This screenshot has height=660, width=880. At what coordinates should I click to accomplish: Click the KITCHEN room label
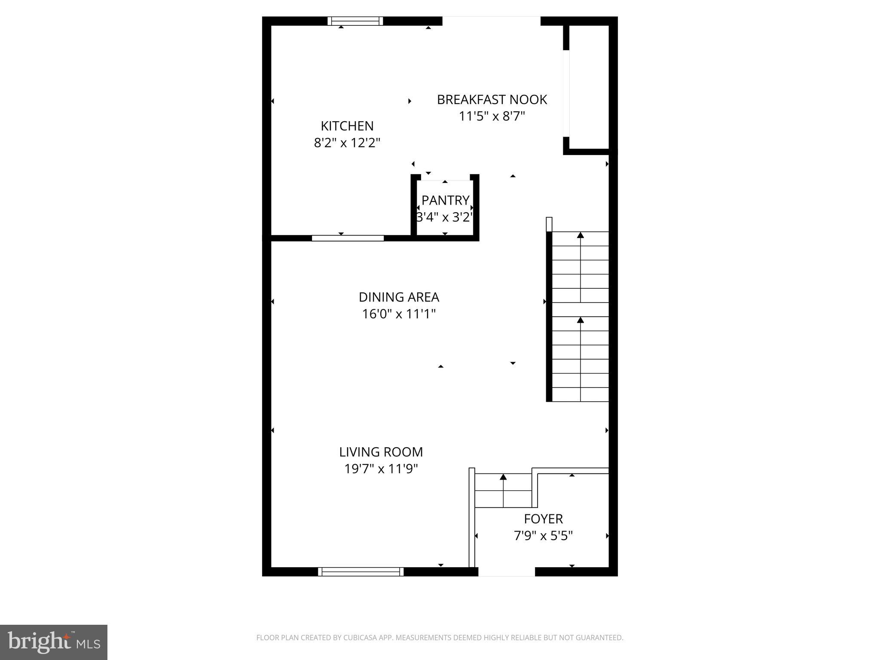347,126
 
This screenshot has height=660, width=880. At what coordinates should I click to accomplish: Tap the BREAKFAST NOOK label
492,100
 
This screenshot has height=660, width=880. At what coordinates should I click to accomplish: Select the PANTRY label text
445,200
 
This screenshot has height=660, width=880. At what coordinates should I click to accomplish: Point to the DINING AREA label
399,297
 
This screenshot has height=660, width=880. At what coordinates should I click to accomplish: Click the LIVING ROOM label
381,452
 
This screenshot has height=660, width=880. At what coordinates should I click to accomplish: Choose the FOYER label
543,519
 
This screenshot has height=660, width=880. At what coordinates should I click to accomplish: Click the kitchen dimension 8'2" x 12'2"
347,143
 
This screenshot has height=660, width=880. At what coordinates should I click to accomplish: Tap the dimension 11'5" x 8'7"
492,116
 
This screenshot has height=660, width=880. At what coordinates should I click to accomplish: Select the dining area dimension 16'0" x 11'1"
399,314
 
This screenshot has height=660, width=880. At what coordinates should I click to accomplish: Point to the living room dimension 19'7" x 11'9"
381,469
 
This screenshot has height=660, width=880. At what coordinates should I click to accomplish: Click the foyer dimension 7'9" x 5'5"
543,536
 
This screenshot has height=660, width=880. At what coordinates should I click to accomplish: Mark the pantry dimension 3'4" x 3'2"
445,217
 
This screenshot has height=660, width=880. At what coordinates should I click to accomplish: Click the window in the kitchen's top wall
355,21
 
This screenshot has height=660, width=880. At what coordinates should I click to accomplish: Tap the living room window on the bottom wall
361,571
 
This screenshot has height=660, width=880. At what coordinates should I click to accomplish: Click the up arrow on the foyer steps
503,477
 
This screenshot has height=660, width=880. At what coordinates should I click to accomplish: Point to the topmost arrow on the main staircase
581,235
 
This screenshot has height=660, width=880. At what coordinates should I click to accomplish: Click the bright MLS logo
54,642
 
